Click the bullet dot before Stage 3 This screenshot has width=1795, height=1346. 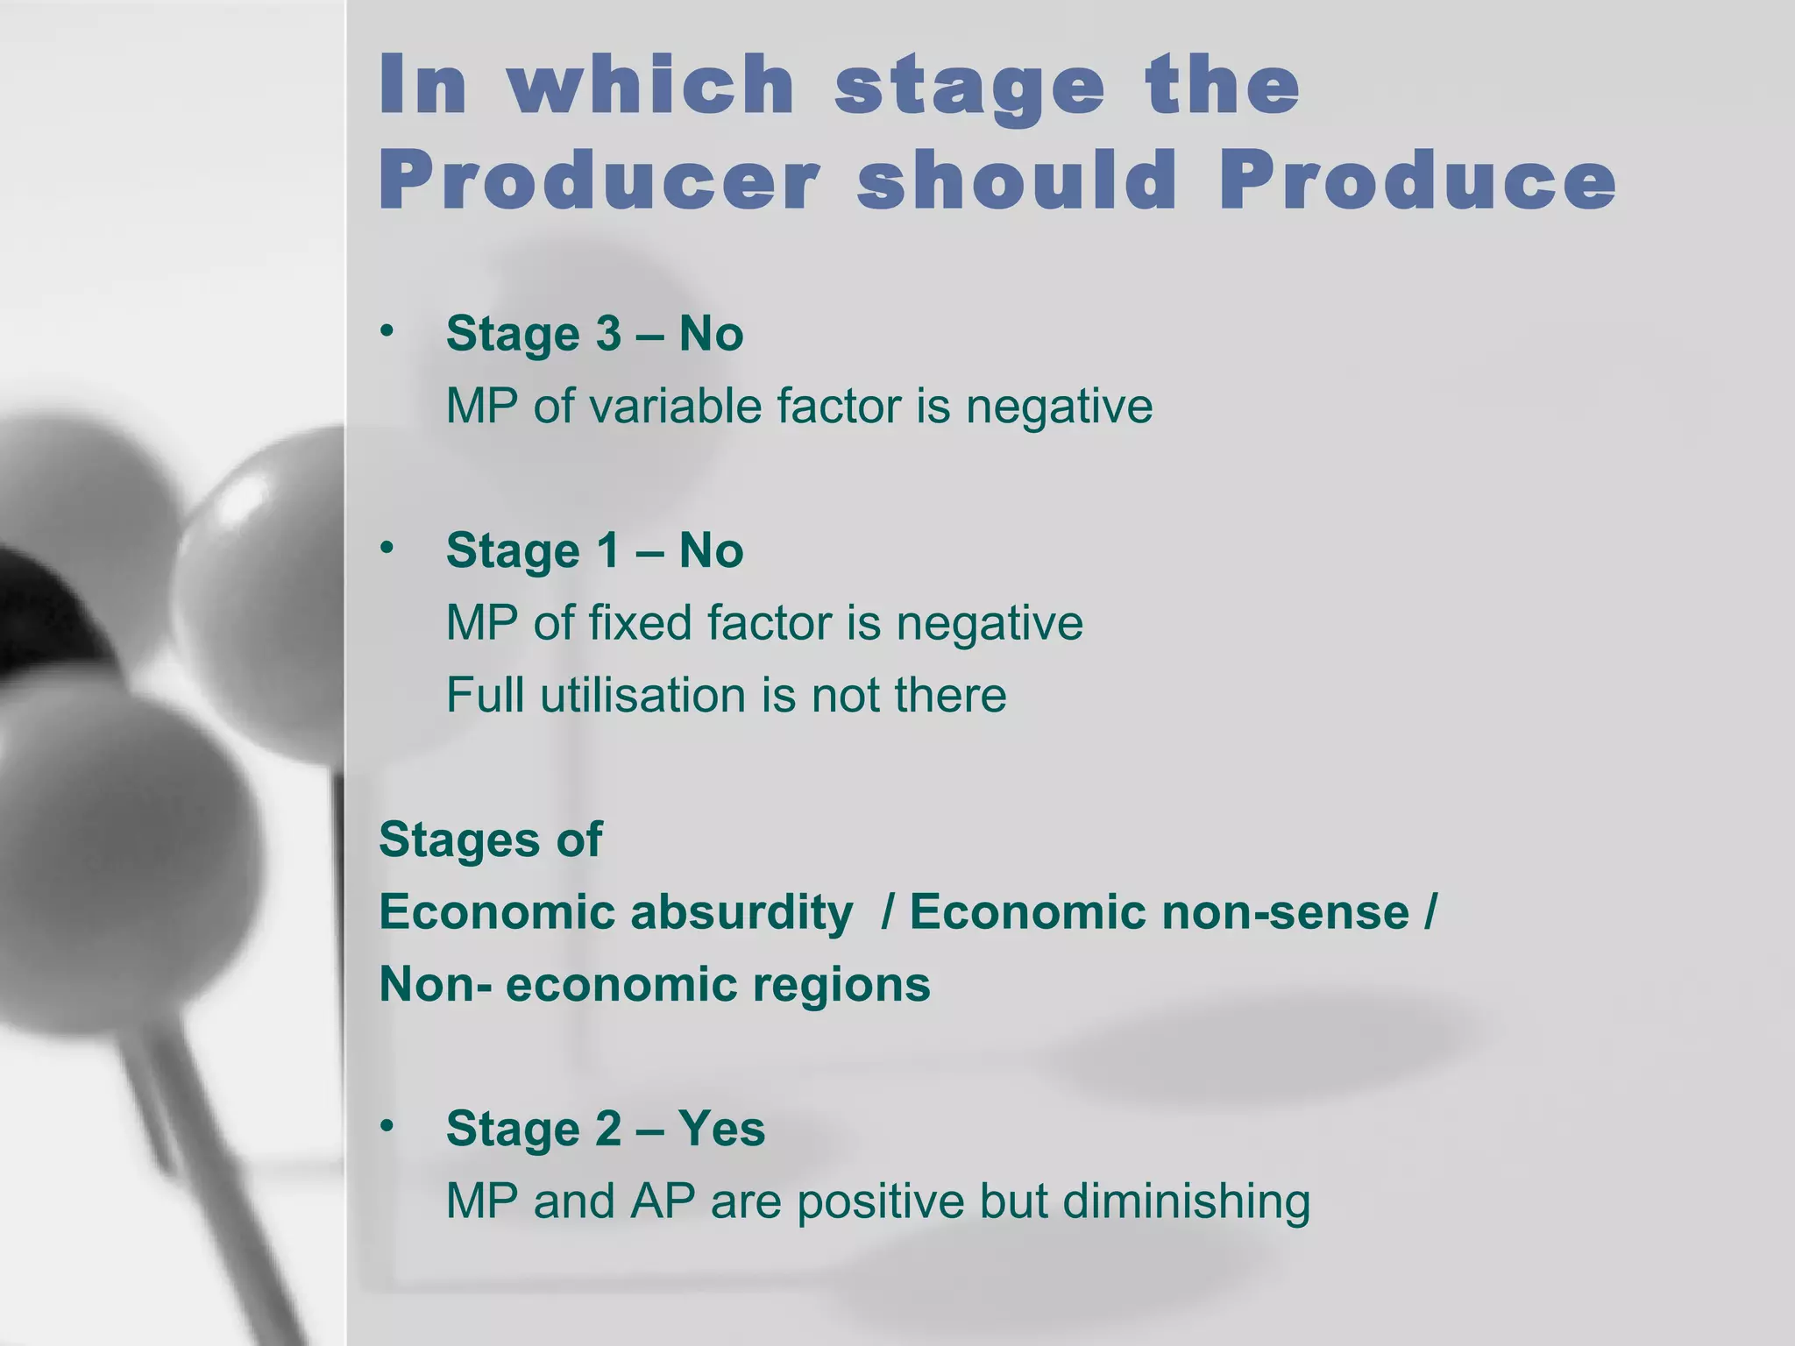click(x=387, y=331)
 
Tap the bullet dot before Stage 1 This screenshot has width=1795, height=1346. click(x=387, y=548)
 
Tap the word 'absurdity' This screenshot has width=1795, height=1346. click(x=741, y=912)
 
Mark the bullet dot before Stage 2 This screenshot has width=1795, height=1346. click(x=387, y=1126)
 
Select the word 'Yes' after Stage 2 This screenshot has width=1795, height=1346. click(x=720, y=1129)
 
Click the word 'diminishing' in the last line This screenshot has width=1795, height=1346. click(x=1186, y=1201)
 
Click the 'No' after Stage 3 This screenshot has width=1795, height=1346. click(x=711, y=334)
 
